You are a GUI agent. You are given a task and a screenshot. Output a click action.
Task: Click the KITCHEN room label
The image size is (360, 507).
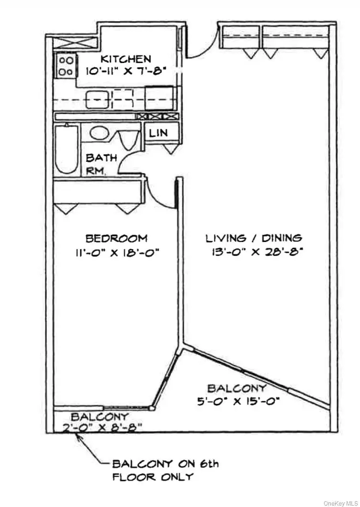[126, 59]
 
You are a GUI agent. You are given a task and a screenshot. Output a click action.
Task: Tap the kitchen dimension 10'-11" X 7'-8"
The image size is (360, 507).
[126, 71]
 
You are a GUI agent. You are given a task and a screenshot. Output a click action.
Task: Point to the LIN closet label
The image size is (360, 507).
[159, 133]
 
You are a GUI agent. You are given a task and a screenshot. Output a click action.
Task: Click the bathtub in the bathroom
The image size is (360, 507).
[66, 149]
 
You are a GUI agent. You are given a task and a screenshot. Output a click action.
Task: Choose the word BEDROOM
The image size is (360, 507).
[116, 238]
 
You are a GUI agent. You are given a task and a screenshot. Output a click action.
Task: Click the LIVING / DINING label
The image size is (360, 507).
[254, 238]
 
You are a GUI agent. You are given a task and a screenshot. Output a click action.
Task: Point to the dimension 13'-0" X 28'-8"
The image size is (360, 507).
[256, 252]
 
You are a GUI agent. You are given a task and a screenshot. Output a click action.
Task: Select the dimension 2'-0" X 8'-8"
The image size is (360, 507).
[102, 428]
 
